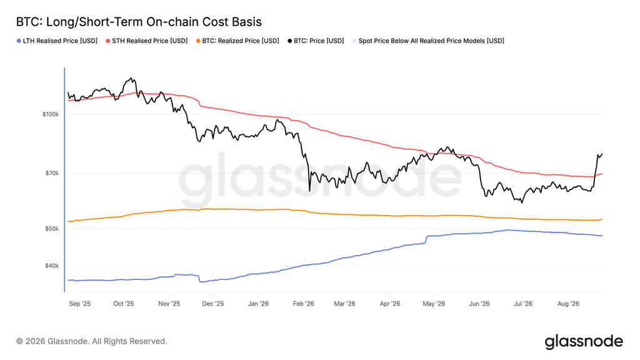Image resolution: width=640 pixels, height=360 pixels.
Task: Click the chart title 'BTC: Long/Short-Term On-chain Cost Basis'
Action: pos(139,22)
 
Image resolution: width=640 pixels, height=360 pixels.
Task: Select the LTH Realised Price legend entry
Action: pos(57,41)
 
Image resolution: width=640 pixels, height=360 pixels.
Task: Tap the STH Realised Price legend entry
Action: pos(146,41)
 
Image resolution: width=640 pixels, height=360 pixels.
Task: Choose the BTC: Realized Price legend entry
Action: pos(237,41)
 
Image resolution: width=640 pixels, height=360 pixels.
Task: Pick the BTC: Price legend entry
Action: pos(316,41)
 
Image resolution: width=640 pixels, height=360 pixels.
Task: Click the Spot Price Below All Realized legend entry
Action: pos(428,41)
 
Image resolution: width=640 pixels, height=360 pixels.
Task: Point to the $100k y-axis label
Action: pos(51,114)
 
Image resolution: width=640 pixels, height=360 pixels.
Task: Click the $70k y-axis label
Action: pos(52,173)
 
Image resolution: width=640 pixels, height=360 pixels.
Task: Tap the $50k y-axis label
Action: pos(52,229)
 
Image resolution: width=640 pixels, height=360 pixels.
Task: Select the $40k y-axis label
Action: pos(52,266)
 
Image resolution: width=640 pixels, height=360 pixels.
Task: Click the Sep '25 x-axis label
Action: pos(80,304)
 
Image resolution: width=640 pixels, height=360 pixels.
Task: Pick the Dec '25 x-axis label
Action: pos(213,304)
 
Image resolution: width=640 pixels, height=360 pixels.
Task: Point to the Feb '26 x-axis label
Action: pos(304,304)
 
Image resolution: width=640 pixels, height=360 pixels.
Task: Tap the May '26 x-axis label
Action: pos(434,304)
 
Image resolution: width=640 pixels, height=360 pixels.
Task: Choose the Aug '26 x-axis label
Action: pos(568,304)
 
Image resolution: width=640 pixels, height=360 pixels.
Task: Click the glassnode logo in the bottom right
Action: pos(584,342)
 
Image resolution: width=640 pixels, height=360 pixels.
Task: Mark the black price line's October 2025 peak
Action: pos(131,77)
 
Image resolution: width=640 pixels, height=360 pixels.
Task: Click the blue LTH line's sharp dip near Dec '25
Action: pos(201,282)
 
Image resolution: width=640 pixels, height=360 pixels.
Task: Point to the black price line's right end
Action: pos(602,154)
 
